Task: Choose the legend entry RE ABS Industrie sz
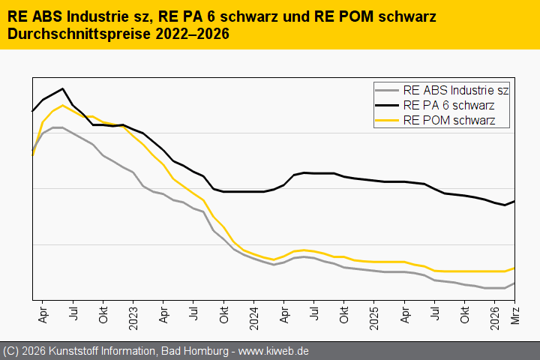point(456,91)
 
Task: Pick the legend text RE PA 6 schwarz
point(448,105)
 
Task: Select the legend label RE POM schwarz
point(449,119)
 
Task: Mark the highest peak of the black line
point(62,88)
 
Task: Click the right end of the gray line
point(514,283)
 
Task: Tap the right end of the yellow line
point(514,268)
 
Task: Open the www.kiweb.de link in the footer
point(274,351)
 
